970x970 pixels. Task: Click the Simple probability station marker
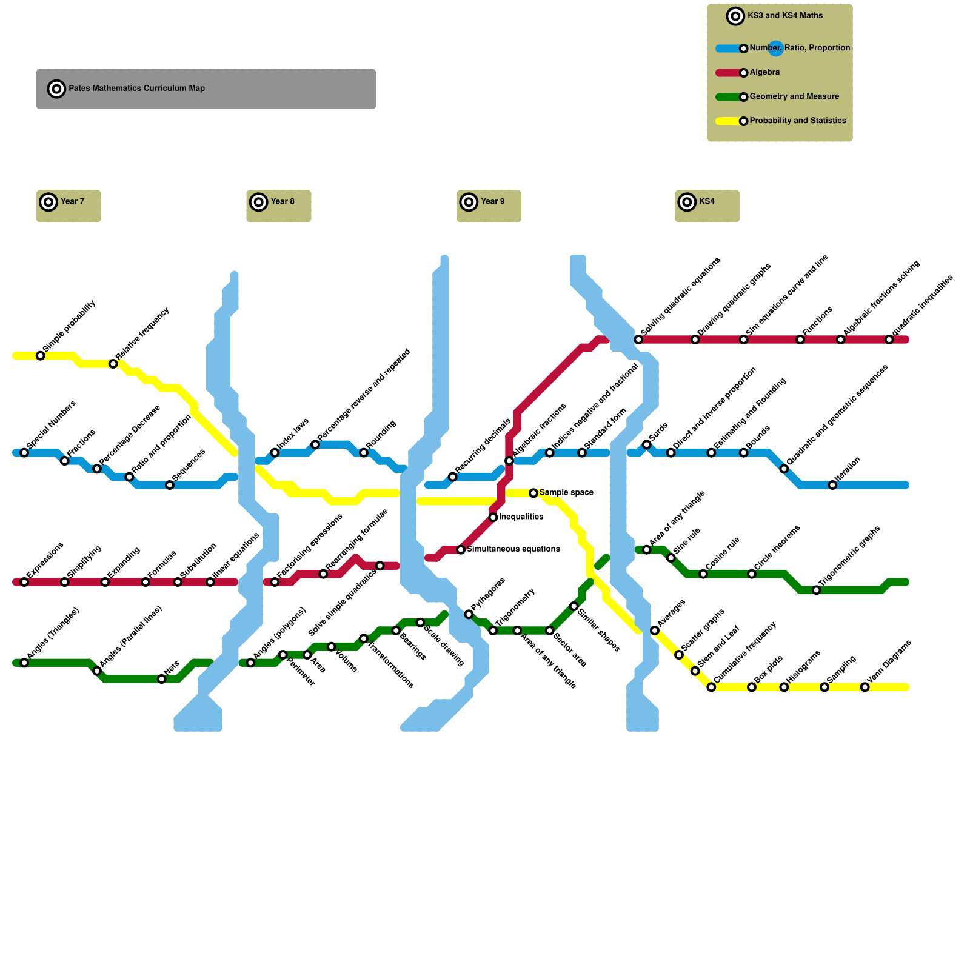(41, 356)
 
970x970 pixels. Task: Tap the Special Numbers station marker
(24, 453)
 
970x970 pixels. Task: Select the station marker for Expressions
(24, 582)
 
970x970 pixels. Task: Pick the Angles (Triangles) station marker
(24, 663)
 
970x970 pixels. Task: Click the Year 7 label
(72, 202)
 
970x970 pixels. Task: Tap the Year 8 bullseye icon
(259, 202)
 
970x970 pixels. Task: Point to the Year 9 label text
(492, 202)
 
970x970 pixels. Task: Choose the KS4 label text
(706, 202)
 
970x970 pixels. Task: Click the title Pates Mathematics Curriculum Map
(136, 89)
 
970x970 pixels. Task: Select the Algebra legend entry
(764, 72)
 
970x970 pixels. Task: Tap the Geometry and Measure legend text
(794, 96)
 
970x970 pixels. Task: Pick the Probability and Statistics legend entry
(797, 121)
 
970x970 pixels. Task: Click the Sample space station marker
(533, 493)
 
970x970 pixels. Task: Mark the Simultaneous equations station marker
(461, 550)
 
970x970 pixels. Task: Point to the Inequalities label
(521, 517)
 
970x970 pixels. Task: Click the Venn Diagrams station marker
(865, 687)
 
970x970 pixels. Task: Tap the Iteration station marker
(832, 485)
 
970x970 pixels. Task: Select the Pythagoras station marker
(469, 614)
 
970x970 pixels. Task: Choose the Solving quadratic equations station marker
(638, 339)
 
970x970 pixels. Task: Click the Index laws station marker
(275, 453)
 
